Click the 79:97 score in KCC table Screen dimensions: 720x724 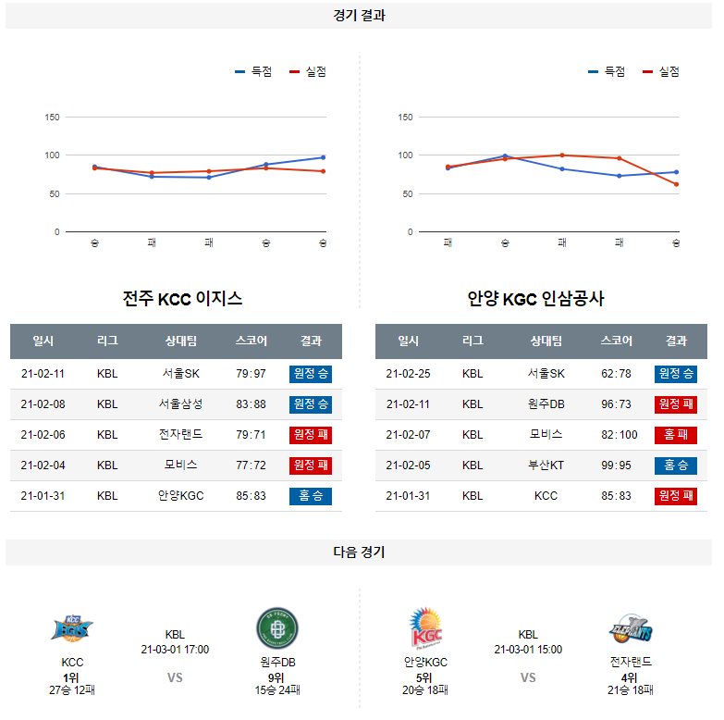point(251,374)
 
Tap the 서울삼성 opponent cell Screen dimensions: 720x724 point(180,404)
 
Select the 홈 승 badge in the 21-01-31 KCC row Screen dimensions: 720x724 point(311,496)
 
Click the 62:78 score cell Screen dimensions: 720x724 point(616,374)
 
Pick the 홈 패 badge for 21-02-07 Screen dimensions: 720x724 point(676,435)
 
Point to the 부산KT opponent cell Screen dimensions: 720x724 point(546,466)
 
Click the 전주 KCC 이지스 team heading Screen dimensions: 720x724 point(182,299)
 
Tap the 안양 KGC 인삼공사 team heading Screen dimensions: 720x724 point(535,299)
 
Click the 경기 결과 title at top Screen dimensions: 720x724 point(360,16)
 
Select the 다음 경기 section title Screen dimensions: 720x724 point(360,552)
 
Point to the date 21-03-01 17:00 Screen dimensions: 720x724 point(175,650)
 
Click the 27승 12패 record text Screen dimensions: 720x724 point(72,690)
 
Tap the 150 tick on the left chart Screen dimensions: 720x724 point(52,118)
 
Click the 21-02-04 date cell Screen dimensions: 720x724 point(43,466)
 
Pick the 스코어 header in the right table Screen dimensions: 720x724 point(616,341)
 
